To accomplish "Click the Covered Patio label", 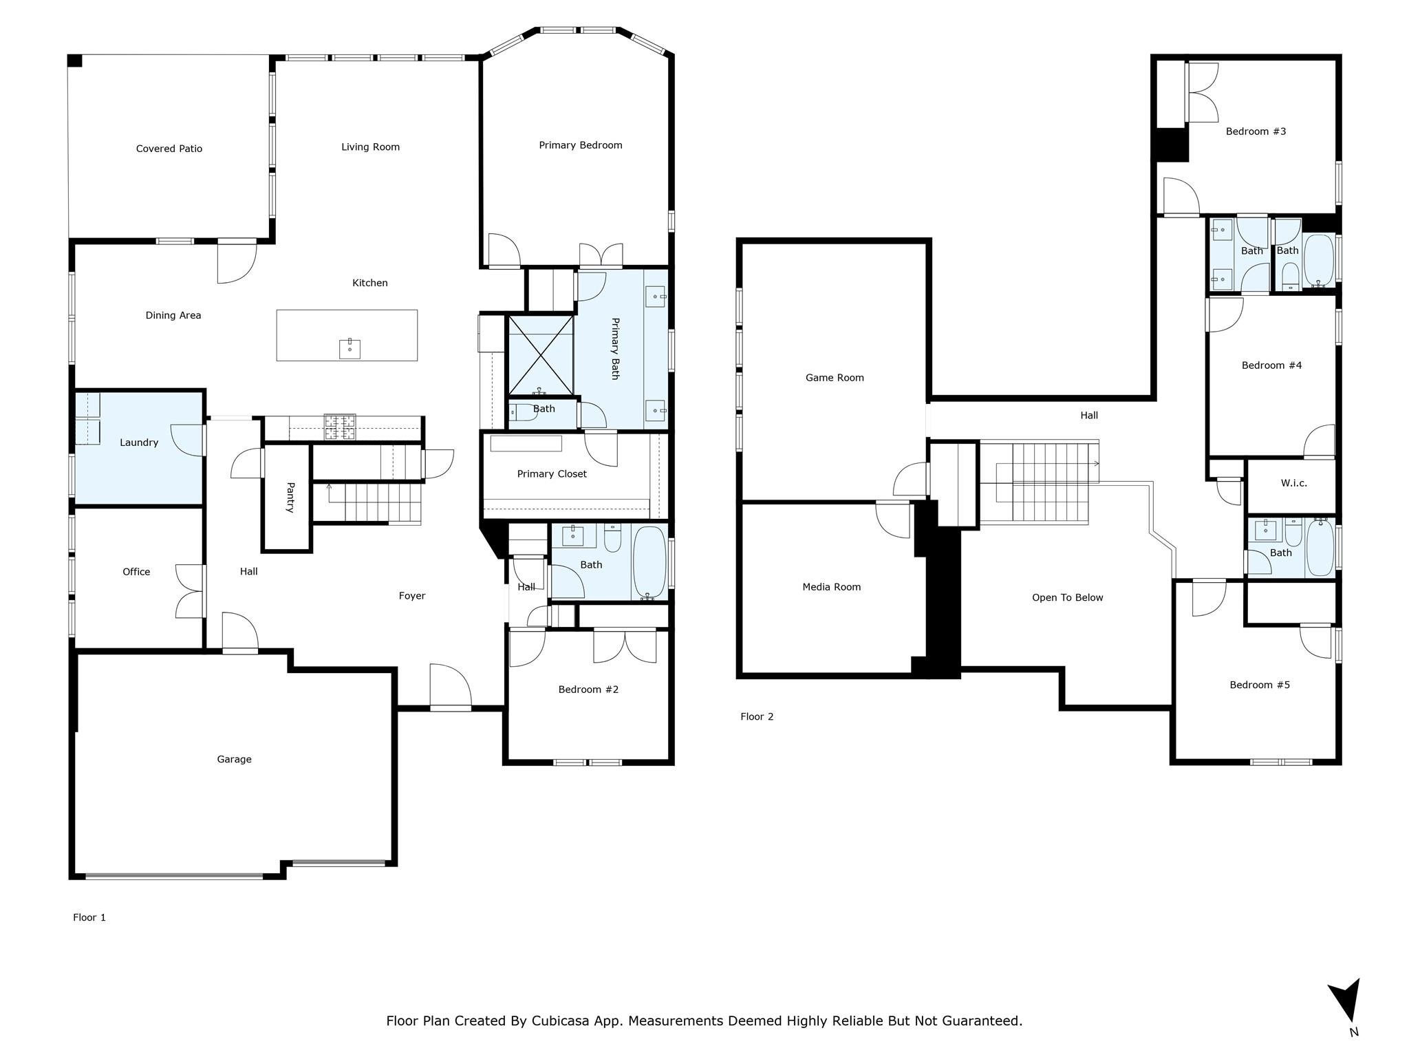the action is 169,149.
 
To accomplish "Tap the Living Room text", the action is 370,147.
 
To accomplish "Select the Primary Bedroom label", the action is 581,145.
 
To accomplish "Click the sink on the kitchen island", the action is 349,349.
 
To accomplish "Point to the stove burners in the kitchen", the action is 340,427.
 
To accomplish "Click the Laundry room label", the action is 139,442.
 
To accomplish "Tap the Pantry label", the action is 290,497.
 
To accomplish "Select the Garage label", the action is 234,759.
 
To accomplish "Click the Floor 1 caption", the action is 89,917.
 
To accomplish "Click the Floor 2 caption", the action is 757,716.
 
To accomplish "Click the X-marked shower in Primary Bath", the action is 540,356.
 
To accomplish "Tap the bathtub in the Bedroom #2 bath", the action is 649,562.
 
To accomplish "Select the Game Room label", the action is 835,378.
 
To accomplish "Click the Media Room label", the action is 832,587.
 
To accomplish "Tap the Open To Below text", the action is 1067,598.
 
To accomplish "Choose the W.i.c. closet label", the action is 1293,483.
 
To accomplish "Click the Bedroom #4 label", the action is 1271,365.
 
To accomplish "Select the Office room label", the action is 136,572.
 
